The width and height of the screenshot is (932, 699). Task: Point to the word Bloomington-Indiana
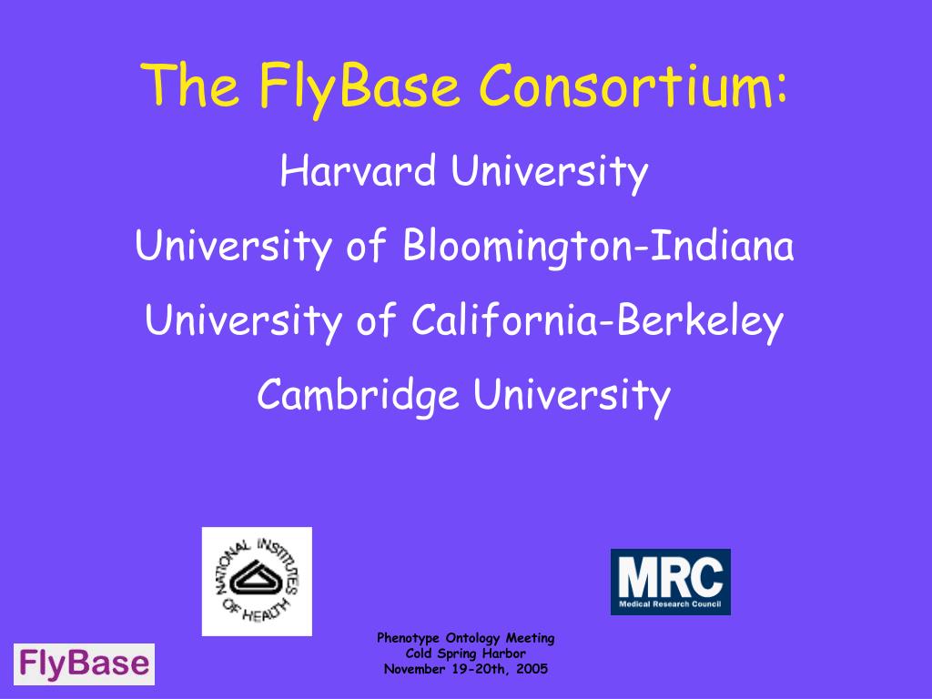point(598,247)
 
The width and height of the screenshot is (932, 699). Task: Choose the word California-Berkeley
point(597,320)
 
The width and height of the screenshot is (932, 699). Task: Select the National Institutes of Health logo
point(257,581)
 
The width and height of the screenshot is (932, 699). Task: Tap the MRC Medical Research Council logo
point(670,581)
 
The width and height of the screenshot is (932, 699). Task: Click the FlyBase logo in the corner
point(84,664)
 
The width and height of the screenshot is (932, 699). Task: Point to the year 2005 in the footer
point(530,669)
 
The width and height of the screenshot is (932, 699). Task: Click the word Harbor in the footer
point(505,653)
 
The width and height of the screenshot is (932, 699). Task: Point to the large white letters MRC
point(670,574)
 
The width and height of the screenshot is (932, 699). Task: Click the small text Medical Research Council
point(670,603)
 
